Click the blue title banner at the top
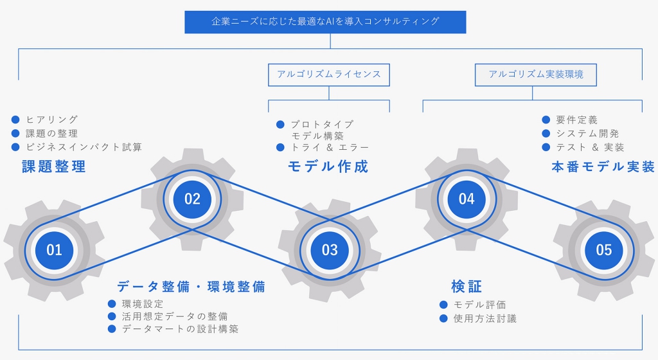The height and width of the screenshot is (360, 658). click(x=325, y=22)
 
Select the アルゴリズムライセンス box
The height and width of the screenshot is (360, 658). click(x=329, y=75)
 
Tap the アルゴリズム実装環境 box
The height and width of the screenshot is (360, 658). click(x=536, y=75)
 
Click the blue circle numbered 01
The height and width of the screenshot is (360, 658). click(x=54, y=251)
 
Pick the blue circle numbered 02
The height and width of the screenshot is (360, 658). click(x=192, y=199)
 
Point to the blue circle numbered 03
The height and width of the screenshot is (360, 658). click(x=330, y=251)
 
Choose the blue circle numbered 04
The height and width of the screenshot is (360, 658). click(x=467, y=199)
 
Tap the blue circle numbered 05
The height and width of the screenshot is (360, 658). click(x=604, y=251)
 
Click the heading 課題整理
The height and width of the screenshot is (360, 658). click(x=54, y=166)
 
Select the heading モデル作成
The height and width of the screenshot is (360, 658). click(x=328, y=166)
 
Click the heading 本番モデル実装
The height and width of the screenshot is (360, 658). click(x=603, y=166)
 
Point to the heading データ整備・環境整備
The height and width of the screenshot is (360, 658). click(x=191, y=287)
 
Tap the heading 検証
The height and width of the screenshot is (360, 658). click(x=467, y=287)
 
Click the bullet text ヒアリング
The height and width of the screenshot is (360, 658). click(x=52, y=120)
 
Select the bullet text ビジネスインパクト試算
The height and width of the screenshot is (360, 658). click(x=84, y=147)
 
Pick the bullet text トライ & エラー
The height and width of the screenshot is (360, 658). click(x=330, y=147)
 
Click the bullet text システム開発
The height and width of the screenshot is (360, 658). click(x=587, y=134)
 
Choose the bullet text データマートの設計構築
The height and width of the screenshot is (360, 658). click(x=180, y=329)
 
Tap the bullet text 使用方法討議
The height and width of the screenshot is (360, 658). click(x=485, y=318)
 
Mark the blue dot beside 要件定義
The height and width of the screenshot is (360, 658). click(x=546, y=120)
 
